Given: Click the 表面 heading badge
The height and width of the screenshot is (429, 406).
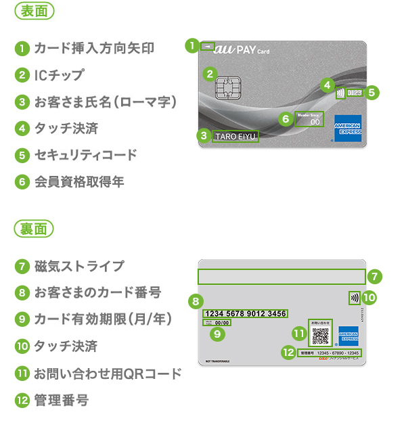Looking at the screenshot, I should [x=34, y=12].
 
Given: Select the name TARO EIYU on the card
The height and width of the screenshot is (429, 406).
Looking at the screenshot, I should [x=235, y=137].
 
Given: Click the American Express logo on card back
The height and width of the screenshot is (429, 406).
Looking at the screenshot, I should [x=348, y=332].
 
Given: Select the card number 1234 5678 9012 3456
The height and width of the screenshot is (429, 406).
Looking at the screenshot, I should [x=245, y=313].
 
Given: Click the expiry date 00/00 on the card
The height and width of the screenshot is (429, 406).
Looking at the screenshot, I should [x=222, y=323].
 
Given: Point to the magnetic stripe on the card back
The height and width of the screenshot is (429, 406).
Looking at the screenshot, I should [x=281, y=277].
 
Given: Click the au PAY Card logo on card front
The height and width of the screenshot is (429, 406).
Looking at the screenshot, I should [x=242, y=49].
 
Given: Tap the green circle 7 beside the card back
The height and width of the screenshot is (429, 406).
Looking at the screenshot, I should [x=376, y=276].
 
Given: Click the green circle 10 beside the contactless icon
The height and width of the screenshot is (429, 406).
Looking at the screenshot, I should [x=369, y=297].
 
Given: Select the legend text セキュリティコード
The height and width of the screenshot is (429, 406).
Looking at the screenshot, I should [x=85, y=155].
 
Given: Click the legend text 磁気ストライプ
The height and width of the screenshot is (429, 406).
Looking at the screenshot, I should [x=79, y=265].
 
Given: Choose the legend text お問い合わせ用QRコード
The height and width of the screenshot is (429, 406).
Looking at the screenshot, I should [x=108, y=374].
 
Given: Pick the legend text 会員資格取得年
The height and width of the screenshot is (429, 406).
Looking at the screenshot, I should [x=79, y=181].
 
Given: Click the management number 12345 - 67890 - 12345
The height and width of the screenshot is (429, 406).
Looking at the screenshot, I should [x=328, y=353].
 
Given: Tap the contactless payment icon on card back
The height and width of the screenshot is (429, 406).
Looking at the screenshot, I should [x=354, y=297].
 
